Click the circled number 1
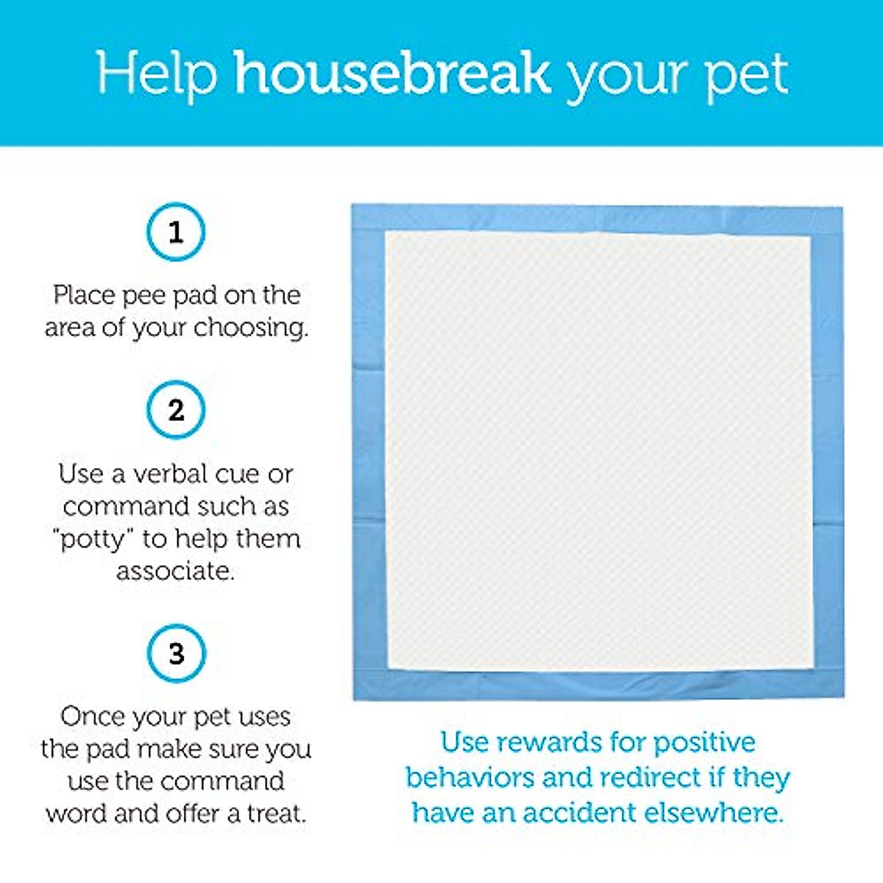point(175,232)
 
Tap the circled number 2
point(175,409)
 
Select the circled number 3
point(175,653)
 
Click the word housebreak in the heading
point(391,73)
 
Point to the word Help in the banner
point(157,74)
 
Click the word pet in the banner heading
point(746,76)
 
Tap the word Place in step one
point(84,296)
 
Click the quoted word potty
point(95,539)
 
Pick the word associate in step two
point(175,571)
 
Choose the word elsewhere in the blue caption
point(713,812)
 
